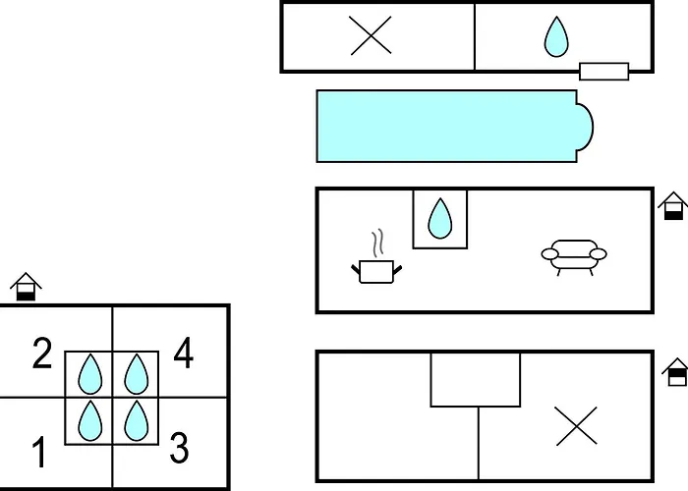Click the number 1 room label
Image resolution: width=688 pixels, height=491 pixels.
point(39,452)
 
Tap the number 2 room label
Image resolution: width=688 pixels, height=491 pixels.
point(42,353)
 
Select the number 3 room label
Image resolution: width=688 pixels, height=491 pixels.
point(179,448)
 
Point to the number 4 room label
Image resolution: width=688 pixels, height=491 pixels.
point(184,352)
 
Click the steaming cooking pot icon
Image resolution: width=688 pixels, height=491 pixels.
point(376,257)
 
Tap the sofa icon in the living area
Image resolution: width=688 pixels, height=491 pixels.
point(574,257)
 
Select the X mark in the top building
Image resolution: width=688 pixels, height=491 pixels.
point(371,35)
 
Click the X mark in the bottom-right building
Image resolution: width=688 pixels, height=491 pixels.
point(576,425)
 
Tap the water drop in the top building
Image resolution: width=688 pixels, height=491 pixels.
point(556,37)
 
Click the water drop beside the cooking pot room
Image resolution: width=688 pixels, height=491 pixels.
point(439,219)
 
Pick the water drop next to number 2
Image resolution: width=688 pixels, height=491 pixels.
point(90,374)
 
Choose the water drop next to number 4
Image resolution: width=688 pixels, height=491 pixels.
point(136,374)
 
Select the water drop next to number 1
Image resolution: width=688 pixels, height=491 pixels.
point(90,421)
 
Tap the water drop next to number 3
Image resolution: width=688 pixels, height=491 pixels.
point(136,421)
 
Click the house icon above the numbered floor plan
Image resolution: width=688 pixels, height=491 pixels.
point(26,287)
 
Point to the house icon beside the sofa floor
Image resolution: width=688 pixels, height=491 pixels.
point(673,206)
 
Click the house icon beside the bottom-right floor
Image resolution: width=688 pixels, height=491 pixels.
point(676,372)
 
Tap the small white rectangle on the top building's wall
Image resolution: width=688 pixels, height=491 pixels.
point(604,72)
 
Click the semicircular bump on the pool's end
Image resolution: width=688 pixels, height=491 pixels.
point(586,127)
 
